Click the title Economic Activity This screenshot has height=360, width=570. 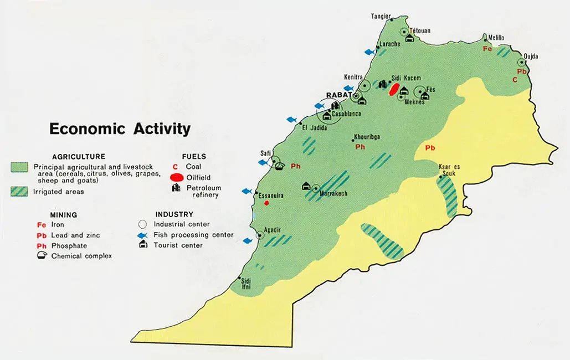[120, 129]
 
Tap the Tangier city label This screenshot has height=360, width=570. [381, 16]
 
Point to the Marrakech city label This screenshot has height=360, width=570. [334, 193]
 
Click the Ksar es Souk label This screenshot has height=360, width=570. [449, 169]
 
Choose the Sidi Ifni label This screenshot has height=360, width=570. [246, 284]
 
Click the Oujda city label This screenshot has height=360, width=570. [531, 56]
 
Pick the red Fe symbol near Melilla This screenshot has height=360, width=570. [487, 49]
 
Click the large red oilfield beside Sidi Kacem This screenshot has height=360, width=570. [394, 89]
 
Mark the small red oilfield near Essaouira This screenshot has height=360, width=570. [266, 203]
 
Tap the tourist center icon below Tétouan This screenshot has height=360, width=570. [410, 38]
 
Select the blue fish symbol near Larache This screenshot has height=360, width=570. [369, 52]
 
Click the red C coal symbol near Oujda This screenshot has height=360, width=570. [515, 80]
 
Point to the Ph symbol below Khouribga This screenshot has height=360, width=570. [360, 147]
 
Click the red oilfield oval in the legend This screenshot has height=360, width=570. [177, 177]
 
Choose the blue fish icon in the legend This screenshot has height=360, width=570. [142, 235]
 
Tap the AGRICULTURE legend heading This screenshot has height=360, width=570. [79, 157]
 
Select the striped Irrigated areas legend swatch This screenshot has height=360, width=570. [19, 192]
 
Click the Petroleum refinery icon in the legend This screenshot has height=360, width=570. [177, 188]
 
